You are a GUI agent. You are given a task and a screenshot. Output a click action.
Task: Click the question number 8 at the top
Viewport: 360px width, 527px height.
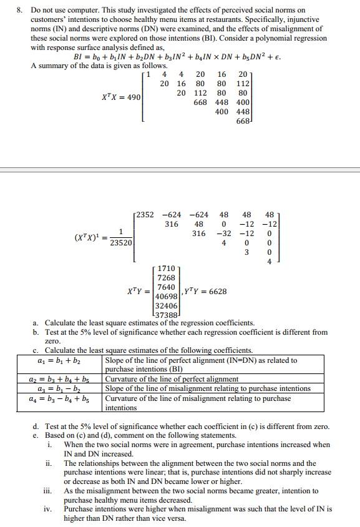click(19, 10)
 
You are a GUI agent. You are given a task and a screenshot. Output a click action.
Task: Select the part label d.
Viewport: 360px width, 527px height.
click(36, 426)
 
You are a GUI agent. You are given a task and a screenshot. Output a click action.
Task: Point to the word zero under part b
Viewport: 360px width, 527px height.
click(54, 342)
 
